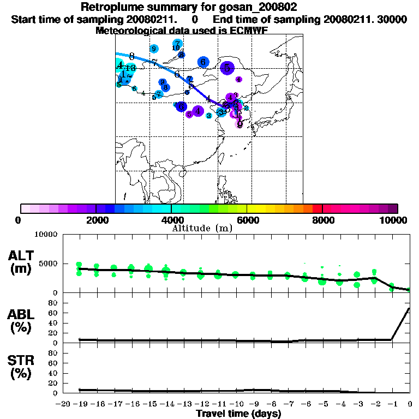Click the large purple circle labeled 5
pyautogui.click(x=227, y=68)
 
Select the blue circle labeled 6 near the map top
pyautogui.click(x=203, y=62)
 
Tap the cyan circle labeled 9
pyautogui.click(x=154, y=49)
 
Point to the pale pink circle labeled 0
pyautogui.click(x=239, y=124)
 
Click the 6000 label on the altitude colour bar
pyautogui.click(x=247, y=220)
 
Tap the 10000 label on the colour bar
pyautogui.click(x=397, y=220)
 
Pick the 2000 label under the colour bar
pyautogui.click(x=96, y=220)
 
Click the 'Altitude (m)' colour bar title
pyautogui.click(x=202, y=228)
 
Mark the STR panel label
pyautogui.click(x=22, y=367)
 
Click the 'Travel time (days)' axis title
pyautogui.click(x=238, y=414)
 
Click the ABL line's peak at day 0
pyautogui.click(x=409, y=308)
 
